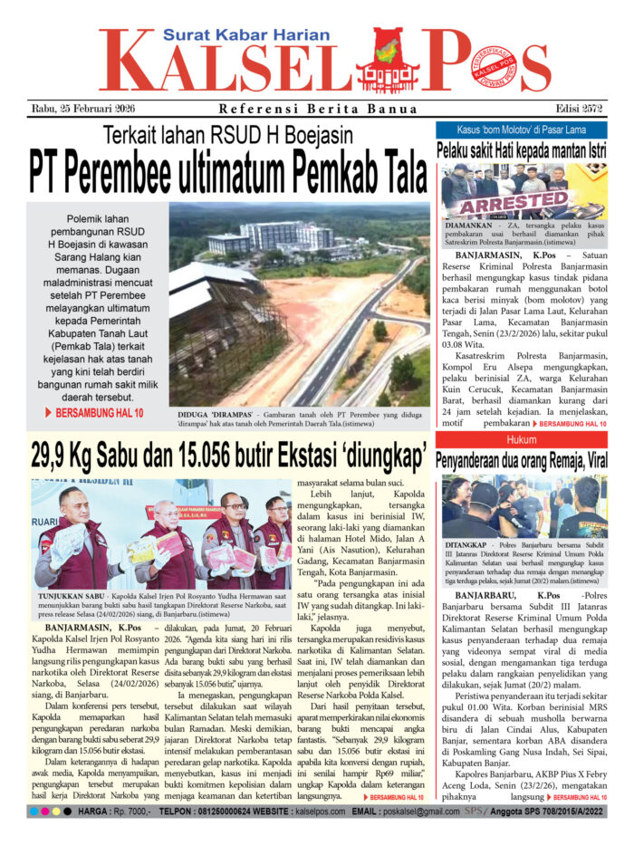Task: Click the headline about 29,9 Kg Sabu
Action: coord(228,451)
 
